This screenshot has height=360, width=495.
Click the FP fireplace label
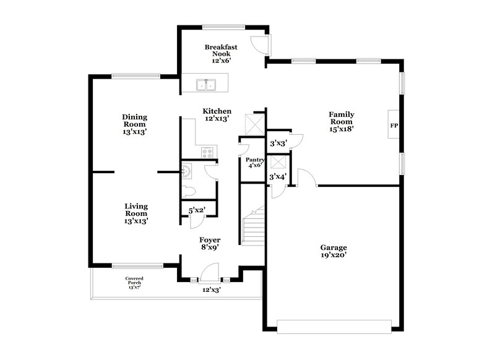pyautogui.click(x=393, y=126)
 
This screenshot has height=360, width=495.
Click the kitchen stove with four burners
pyautogui.click(x=207, y=152)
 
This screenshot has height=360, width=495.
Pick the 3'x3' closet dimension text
pyautogui.click(x=278, y=144)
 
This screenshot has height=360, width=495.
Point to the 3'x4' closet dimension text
pyautogui.click(x=278, y=178)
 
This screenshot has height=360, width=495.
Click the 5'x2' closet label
pyautogui.click(x=197, y=210)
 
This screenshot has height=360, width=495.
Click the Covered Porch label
pyautogui.click(x=134, y=283)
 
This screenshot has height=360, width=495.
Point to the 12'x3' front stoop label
pyautogui.click(x=212, y=289)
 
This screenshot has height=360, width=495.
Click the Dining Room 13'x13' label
pyautogui.click(x=134, y=124)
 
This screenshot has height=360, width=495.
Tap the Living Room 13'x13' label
pyautogui.click(x=136, y=213)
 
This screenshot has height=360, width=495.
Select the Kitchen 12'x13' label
pyautogui.click(x=217, y=114)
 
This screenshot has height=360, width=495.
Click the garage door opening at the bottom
pyautogui.click(x=334, y=326)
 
